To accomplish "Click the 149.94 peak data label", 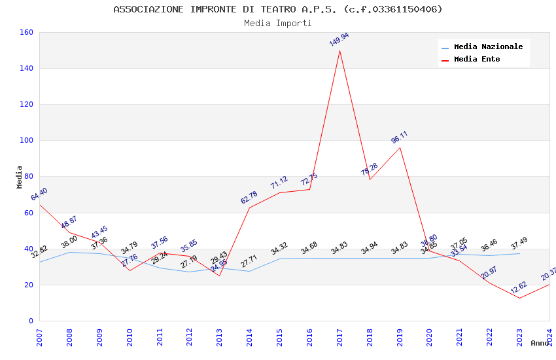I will click(339, 39).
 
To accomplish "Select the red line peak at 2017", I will click(339, 50).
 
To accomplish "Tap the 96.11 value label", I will click(399, 137).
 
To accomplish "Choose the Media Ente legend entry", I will click(477, 59).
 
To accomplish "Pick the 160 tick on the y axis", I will click(26, 32).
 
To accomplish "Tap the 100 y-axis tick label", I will click(26, 140).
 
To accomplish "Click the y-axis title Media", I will click(19, 177).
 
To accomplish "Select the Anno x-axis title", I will click(540, 343).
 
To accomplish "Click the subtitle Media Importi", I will click(278, 23).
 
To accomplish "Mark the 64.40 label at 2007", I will click(39, 194).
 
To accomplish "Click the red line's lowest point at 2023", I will click(519, 298).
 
